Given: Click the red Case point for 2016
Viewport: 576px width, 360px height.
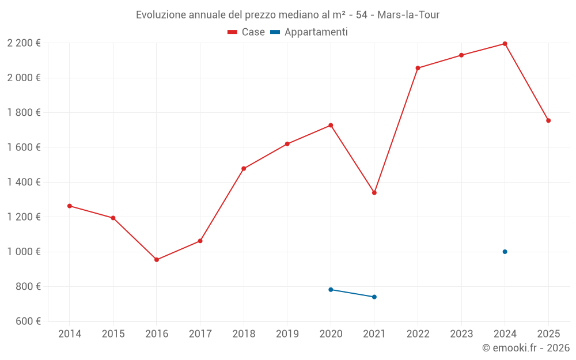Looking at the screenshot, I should [157, 260].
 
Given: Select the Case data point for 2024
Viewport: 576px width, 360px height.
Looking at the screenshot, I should [505, 44].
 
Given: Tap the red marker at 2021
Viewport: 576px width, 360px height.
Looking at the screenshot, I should [374, 192].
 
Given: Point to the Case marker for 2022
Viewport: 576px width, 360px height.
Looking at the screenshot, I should [418, 68].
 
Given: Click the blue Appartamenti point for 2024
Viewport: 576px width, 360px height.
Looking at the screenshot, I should [505, 252].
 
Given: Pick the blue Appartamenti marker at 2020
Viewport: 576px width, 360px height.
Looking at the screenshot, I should [331, 290].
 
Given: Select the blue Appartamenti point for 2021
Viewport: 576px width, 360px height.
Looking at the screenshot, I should [374, 297].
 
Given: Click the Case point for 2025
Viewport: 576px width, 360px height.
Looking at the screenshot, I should [548, 120].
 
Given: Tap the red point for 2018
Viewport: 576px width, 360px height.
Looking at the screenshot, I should [244, 169].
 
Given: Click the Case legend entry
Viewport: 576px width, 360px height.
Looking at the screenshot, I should [247, 32].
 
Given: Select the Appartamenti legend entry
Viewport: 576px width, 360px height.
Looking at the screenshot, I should [309, 32].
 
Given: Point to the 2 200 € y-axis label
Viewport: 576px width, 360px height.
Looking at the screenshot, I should [24, 43].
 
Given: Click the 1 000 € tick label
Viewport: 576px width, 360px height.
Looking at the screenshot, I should [24, 252].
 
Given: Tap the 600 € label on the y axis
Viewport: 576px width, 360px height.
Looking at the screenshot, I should [28, 321].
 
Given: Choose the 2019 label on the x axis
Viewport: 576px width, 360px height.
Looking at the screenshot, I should [287, 334].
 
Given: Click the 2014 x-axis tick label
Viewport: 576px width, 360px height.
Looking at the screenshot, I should [70, 334].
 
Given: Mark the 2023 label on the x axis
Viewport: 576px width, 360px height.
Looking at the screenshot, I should [461, 334].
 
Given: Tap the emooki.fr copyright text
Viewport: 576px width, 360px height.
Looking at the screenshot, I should [526, 348].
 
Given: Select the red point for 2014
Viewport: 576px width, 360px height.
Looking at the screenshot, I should [70, 206].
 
